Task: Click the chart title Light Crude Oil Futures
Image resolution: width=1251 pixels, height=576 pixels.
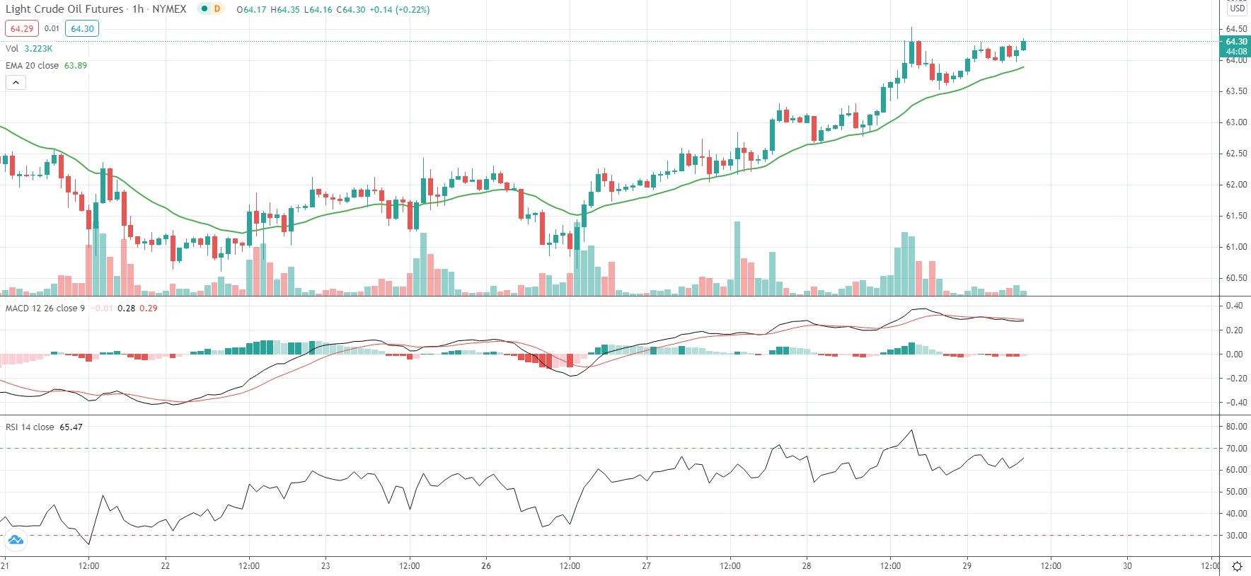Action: click(64, 9)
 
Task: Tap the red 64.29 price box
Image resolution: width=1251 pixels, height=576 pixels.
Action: click(21, 28)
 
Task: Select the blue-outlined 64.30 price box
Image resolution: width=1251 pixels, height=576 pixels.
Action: click(82, 28)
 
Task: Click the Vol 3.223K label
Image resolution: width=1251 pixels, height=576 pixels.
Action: click(29, 48)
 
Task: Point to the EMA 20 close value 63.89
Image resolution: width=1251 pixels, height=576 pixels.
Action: click(76, 65)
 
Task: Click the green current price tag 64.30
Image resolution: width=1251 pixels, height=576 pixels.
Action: click(1236, 42)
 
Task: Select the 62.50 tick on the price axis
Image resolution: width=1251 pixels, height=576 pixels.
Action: click(1236, 154)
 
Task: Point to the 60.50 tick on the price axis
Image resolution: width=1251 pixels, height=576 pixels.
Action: click(1236, 278)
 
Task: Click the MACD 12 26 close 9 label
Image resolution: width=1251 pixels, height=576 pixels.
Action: click(45, 308)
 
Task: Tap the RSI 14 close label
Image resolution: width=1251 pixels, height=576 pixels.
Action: click(30, 427)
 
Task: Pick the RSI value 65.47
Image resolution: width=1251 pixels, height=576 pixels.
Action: click(71, 427)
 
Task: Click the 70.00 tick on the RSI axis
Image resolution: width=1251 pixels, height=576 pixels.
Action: click(1236, 448)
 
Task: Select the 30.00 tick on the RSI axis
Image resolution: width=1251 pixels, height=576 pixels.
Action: click(1236, 536)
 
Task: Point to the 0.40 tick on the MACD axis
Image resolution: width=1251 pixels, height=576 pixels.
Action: click(1234, 306)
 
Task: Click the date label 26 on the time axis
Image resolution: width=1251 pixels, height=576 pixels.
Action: click(486, 565)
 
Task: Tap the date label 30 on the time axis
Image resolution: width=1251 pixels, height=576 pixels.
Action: click(1127, 565)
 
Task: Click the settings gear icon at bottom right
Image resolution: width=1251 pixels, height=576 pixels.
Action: click(1237, 566)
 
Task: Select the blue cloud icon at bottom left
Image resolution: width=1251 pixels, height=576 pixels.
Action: click(15, 541)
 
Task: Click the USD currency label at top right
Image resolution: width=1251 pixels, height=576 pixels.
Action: click(1237, 8)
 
